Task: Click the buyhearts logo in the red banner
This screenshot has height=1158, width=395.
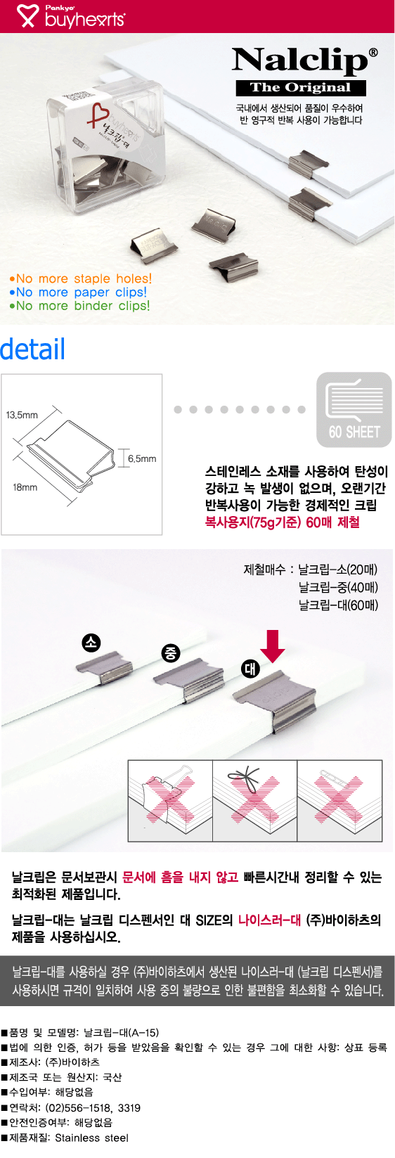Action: (x=71, y=16)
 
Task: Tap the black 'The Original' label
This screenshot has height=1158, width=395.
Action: (x=301, y=88)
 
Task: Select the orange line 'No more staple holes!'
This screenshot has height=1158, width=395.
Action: (x=81, y=278)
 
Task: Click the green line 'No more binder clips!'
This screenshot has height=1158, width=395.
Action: (x=79, y=306)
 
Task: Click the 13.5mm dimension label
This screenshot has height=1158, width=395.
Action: (x=22, y=415)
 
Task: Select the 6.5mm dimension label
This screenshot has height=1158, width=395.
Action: (x=142, y=458)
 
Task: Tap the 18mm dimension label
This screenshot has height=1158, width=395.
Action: (x=25, y=487)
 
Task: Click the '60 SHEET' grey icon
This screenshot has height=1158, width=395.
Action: (x=354, y=410)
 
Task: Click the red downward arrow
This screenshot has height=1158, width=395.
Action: (x=273, y=645)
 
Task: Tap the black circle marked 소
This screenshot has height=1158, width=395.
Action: (x=91, y=643)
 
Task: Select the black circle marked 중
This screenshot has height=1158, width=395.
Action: (x=171, y=653)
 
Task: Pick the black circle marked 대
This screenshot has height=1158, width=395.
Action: (x=250, y=669)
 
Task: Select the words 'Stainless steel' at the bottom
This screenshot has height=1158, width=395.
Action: (x=91, y=1138)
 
